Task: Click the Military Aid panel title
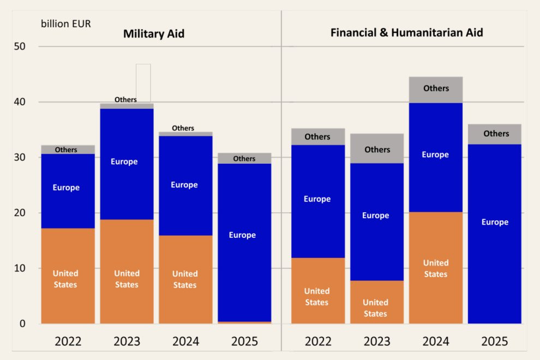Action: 154,34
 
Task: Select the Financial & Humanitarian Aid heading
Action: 406,32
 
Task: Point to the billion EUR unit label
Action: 66,23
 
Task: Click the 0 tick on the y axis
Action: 22,323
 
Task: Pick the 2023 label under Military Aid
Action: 127,341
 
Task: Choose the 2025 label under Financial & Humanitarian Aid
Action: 494,341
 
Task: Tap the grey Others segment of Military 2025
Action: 244,158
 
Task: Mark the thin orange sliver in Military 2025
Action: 244,322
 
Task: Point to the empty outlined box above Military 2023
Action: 143,82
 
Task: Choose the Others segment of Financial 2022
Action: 317,136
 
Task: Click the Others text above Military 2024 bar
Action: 183,128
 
